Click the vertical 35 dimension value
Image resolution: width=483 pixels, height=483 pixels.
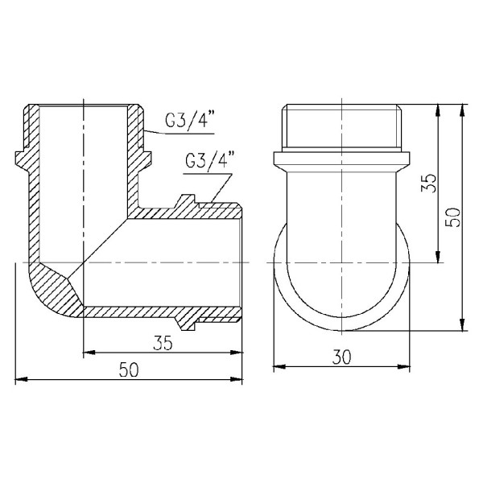[x=427, y=184]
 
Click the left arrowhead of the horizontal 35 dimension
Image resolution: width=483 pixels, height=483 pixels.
[x=89, y=351]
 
